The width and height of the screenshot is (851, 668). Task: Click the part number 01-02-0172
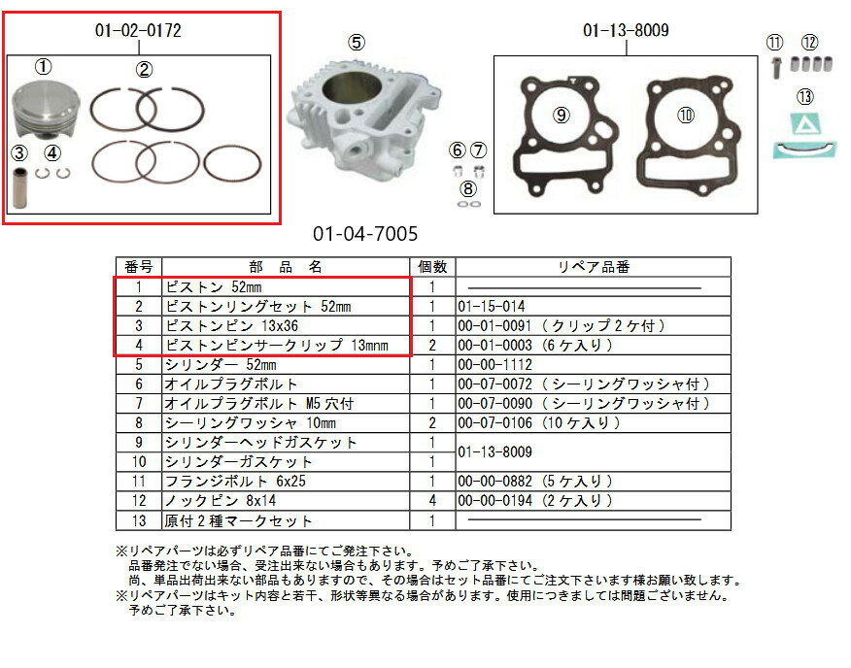[x=138, y=31]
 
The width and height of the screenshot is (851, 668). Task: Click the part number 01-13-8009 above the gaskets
[x=626, y=31]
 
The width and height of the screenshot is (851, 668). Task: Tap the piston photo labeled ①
[x=44, y=114]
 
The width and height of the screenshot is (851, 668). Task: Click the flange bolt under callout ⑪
[x=774, y=69]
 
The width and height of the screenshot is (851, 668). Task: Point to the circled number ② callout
[x=144, y=69]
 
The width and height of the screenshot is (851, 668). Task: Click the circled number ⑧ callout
[x=468, y=188]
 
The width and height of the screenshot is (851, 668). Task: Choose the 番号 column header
[x=139, y=267]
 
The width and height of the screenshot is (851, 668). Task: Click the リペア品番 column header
[x=594, y=267]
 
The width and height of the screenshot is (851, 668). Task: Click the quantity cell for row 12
[x=431, y=501]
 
